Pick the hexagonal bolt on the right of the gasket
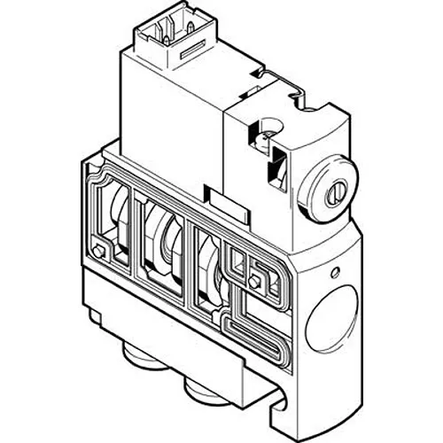click(257, 281)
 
